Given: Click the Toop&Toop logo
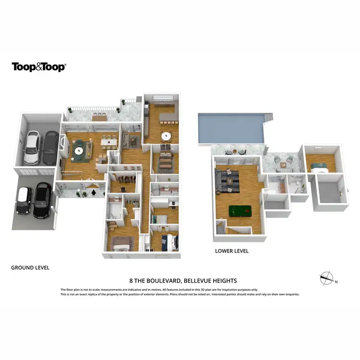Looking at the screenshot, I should [x=38, y=67].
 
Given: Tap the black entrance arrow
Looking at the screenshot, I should [x=94, y=192].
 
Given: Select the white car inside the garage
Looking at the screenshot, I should [x=32, y=148].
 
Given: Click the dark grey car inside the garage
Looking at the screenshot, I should [x=49, y=148].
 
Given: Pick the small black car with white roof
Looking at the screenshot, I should [x=24, y=200].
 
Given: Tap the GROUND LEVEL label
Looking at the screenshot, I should [x=30, y=267].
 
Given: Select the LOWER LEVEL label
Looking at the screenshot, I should [x=232, y=251].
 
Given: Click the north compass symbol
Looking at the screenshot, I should [x=326, y=277].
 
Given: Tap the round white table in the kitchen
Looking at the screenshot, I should [x=166, y=136].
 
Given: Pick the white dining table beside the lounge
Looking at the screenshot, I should [x=109, y=141].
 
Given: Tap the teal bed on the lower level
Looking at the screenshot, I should [x=318, y=167].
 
